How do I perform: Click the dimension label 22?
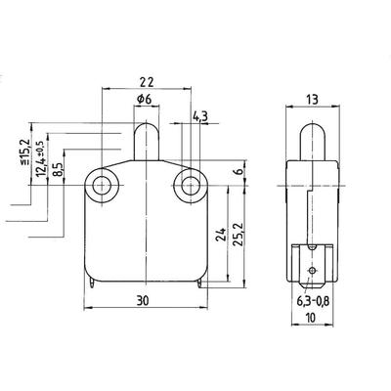pyautogui.click(x=147, y=82)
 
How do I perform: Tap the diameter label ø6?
pyautogui.click(x=145, y=99)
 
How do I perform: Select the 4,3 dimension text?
pyautogui.click(x=200, y=116)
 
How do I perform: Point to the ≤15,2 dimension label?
pyautogui.click(x=25, y=152)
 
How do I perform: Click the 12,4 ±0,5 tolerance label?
pyautogui.click(x=41, y=159)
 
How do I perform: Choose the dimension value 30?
pyautogui.click(x=143, y=301)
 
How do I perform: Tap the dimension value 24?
pyautogui.click(x=221, y=235)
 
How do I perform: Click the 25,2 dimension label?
pyautogui.click(x=238, y=235)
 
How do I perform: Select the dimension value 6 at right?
pyautogui.click(x=239, y=172)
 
